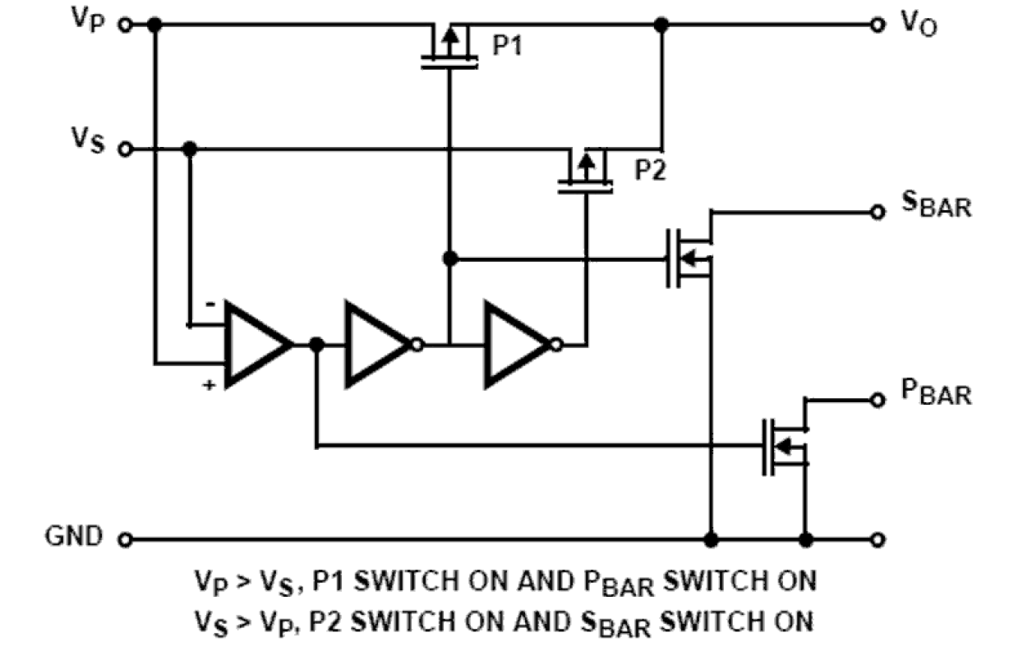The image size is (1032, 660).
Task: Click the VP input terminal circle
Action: pos(125,25)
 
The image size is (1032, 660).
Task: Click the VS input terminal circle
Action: pos(125,149)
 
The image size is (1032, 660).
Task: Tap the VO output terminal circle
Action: pos(878,25)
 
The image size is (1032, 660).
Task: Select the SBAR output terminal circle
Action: pos(878,212)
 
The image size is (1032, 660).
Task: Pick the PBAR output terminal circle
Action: pos(878,400)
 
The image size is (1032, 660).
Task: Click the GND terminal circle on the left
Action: pos(125,539)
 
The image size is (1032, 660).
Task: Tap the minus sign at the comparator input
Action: pos(211,305)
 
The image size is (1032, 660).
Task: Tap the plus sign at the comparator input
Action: pos(210,383)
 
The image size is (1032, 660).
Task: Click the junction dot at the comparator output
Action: pos(316,345)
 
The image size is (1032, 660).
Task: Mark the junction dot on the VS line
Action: pos(191,149)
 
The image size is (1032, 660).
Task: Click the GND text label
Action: pos(75,537)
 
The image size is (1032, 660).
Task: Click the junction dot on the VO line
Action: pos(661,25)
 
